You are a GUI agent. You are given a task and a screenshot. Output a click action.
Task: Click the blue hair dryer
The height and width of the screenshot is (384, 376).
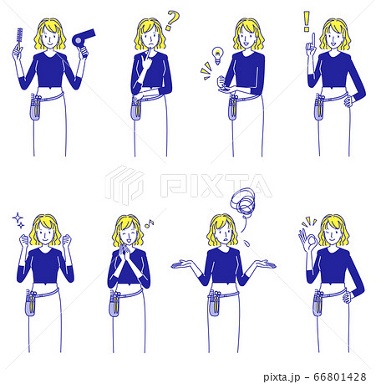82,39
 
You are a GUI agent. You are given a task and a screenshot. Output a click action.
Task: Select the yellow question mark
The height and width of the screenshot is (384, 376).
172,20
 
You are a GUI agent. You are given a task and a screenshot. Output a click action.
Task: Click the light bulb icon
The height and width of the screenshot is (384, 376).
218,55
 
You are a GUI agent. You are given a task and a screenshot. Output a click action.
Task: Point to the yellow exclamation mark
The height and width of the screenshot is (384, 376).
307,21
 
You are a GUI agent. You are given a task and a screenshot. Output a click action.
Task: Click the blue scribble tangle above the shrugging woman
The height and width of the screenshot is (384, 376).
243,203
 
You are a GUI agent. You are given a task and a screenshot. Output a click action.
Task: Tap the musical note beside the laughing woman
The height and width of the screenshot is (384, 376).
150,223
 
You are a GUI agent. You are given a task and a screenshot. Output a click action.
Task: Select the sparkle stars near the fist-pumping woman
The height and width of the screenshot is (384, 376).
18,220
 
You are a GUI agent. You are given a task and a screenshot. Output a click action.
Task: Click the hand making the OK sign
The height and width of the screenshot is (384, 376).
307,240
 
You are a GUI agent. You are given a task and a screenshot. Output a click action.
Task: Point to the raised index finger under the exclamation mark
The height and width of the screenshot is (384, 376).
313,42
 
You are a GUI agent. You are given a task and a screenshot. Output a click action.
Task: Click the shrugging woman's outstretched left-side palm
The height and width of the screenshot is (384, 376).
181,264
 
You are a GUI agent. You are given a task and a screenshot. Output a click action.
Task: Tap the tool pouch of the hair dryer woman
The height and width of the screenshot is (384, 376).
35,107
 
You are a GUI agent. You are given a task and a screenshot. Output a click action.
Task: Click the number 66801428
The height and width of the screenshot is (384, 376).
340,376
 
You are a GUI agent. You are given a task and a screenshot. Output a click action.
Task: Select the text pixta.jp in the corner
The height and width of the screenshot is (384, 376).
282,377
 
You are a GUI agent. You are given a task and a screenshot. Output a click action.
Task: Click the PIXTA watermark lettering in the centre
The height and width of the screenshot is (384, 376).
216,185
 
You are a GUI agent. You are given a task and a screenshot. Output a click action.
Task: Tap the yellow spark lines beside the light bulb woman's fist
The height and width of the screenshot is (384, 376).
206,70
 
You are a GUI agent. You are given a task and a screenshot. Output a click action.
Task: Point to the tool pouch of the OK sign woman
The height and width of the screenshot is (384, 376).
318,303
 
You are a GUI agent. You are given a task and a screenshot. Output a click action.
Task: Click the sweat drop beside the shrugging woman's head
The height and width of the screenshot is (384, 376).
246,243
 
